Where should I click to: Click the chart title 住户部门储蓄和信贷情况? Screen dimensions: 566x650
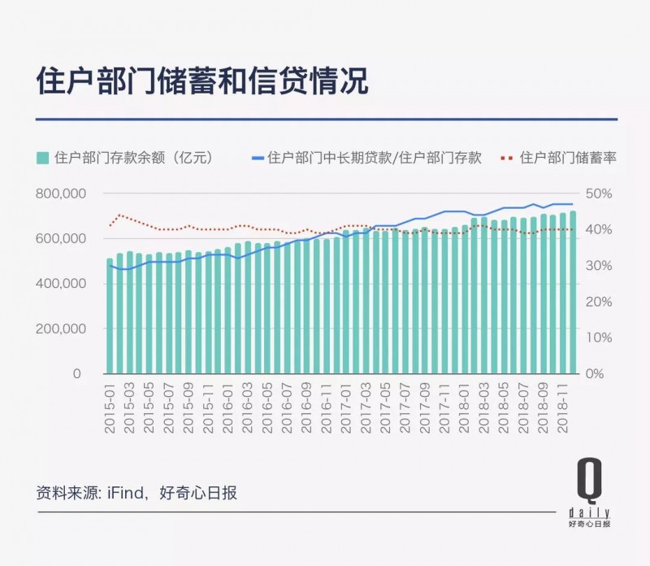click(202, 81)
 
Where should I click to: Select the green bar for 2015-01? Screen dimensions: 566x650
click(110, 317)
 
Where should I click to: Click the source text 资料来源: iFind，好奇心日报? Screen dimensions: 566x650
click(136, 493)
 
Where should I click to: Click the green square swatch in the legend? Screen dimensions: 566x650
click(42, 157)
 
